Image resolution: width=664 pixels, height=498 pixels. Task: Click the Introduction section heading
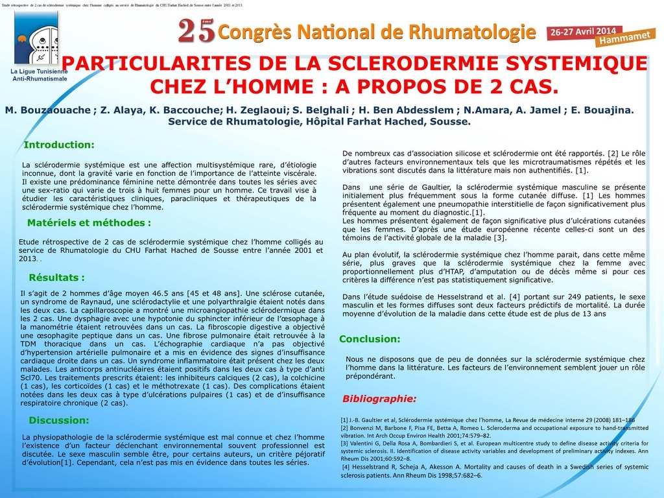click(x=59, y=145)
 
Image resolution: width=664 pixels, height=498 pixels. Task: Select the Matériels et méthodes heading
click(x=89, y=222)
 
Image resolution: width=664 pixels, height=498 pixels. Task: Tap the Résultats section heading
click(x=57, y=278)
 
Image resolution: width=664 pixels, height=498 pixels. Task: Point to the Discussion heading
click(x=59, y=420)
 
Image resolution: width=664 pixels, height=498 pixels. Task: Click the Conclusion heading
click(x=370, y=338)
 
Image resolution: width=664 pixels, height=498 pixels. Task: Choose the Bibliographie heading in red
click(x=379, y=398)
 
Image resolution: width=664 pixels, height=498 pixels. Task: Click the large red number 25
click(x=196, y=30)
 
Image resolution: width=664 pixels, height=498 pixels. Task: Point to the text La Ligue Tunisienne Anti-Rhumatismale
click(x=40, y=75)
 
